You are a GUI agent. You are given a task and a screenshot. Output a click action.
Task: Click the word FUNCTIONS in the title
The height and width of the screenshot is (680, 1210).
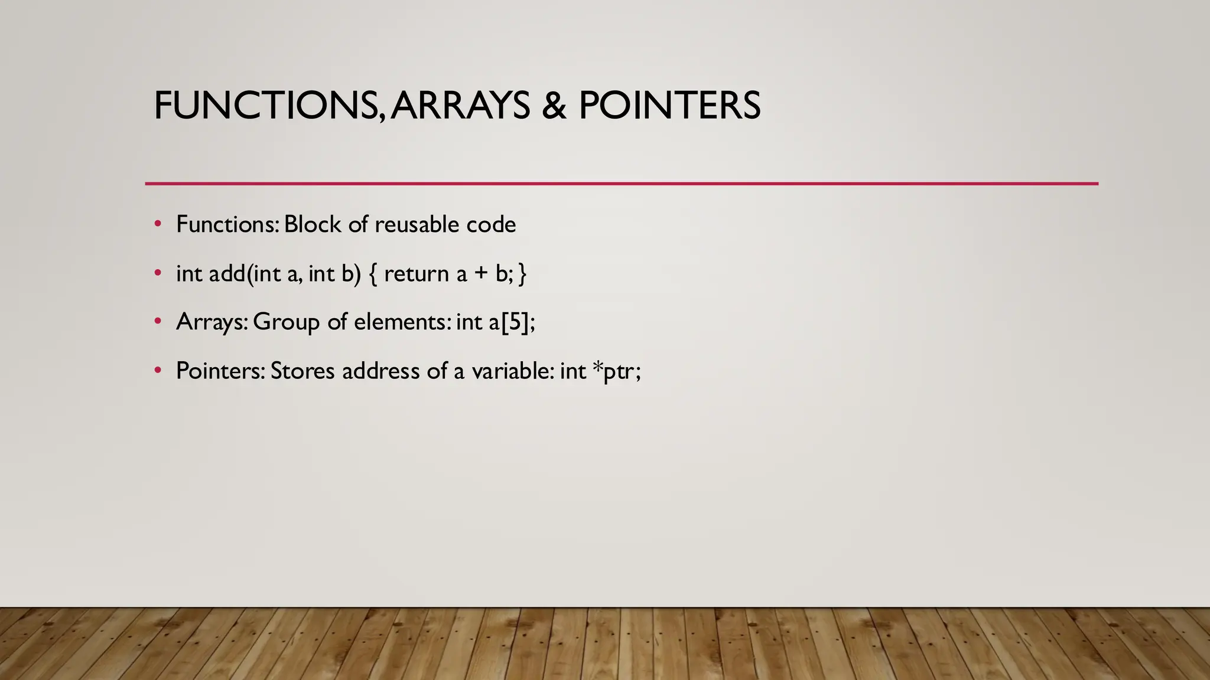[x=265, y=106]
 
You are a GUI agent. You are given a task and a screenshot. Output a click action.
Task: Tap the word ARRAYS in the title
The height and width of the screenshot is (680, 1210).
[x=460, y=106]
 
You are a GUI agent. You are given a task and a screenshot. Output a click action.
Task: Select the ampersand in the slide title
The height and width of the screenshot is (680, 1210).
[x=554, y=106]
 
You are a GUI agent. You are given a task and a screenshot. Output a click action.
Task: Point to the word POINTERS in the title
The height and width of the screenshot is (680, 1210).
[x=669, y=106]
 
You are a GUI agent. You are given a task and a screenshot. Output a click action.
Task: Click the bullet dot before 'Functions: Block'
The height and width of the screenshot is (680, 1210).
[x=157, y=224]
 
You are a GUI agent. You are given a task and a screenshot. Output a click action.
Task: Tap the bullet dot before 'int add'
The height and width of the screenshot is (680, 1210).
[x=157, y=273]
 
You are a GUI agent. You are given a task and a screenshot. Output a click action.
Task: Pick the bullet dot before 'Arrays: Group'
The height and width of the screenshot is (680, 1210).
[x=157, y=322]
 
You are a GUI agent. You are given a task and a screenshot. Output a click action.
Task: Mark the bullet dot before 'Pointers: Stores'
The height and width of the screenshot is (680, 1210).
[x=157, y=371]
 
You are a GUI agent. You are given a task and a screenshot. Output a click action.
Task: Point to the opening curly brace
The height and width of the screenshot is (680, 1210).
[x=373, y=274]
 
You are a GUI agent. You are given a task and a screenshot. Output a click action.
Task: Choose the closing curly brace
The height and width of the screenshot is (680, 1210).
[x=522, y=274]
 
